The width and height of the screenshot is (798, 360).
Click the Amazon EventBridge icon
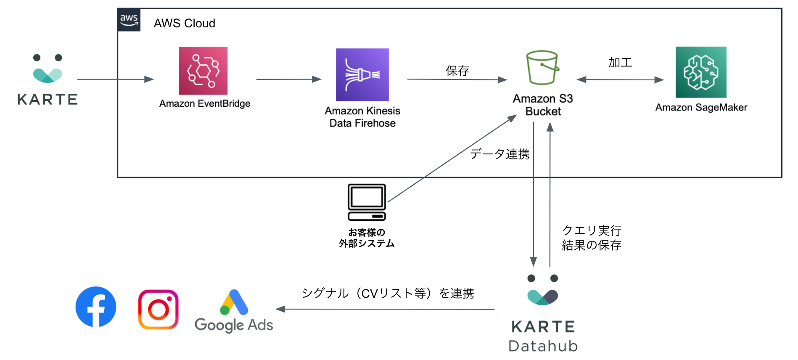203,71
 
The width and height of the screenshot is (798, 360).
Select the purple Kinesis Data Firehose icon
362,74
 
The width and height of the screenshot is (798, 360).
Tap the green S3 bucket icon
543,68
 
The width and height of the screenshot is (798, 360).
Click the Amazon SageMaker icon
701,72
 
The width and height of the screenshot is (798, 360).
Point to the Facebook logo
96,307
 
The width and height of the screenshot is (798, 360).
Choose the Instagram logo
159,310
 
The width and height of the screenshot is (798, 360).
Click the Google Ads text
234,325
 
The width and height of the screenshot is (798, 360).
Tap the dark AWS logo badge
129,20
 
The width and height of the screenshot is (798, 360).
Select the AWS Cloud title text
185,23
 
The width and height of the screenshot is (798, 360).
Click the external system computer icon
367,202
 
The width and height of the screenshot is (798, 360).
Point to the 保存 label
457,71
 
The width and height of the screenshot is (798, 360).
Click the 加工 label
620,63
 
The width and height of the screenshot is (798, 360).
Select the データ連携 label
500,154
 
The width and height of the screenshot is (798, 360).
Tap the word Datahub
543,346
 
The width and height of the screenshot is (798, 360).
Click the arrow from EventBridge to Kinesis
289,79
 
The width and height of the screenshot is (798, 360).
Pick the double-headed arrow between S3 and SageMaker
620,79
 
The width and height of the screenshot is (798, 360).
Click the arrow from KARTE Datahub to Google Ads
385,309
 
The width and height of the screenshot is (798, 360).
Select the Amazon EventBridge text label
205,103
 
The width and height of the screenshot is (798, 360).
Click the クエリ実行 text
592,230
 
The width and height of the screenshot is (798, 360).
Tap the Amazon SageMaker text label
701,108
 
